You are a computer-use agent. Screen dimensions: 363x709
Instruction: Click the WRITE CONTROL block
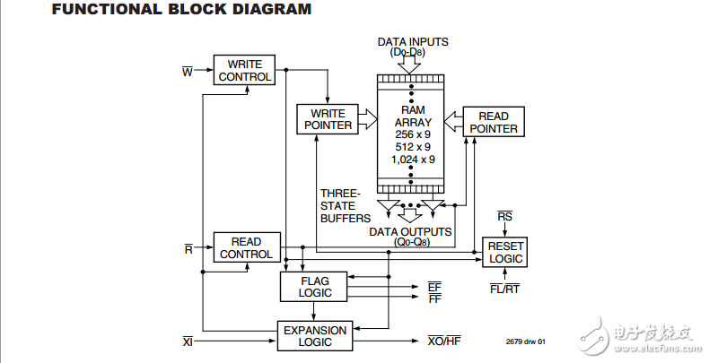click(242, 70)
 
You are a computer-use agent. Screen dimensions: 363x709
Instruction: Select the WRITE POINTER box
click(328, 119)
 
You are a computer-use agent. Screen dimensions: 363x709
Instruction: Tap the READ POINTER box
click(494, 122)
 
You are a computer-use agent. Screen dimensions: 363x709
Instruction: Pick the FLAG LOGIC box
click(314, 287)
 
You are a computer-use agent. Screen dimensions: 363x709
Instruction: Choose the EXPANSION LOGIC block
click(314, 336)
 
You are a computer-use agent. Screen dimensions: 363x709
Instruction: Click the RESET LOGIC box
click(505, 252)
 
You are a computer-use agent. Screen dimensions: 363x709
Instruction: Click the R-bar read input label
click(188, 248)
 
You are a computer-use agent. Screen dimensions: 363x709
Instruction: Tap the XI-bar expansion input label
click(188, 341)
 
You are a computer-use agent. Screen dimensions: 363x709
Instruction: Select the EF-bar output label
click(434, 286)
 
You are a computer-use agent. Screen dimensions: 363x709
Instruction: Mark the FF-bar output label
click(434, 298)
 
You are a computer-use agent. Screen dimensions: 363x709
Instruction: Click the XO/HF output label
click(443, 341)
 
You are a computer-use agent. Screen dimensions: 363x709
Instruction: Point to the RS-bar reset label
click(505, 217)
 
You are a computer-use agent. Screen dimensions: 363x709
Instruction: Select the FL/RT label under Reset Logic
click(504, 289)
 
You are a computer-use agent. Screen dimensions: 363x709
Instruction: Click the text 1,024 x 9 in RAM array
click(414, 160)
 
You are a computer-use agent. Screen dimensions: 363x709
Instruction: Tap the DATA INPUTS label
click(413, 42)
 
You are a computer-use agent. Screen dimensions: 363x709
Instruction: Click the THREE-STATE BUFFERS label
click(341, 204)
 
